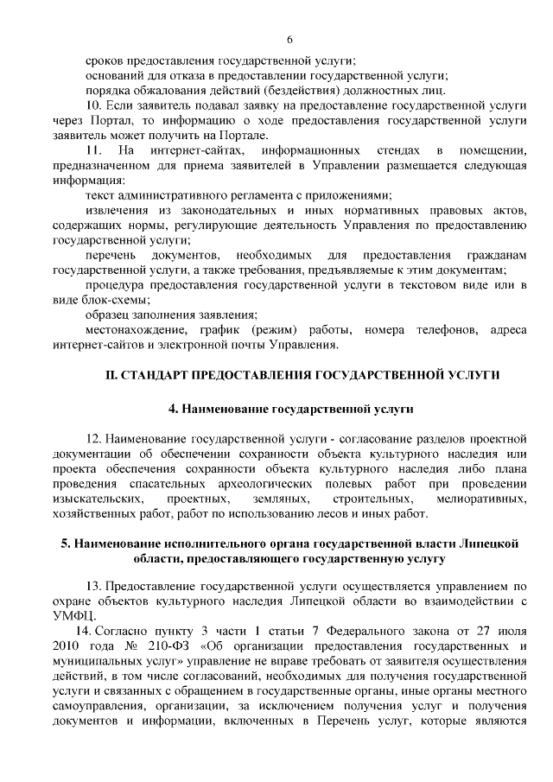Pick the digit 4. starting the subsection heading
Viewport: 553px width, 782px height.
pos(172,406)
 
